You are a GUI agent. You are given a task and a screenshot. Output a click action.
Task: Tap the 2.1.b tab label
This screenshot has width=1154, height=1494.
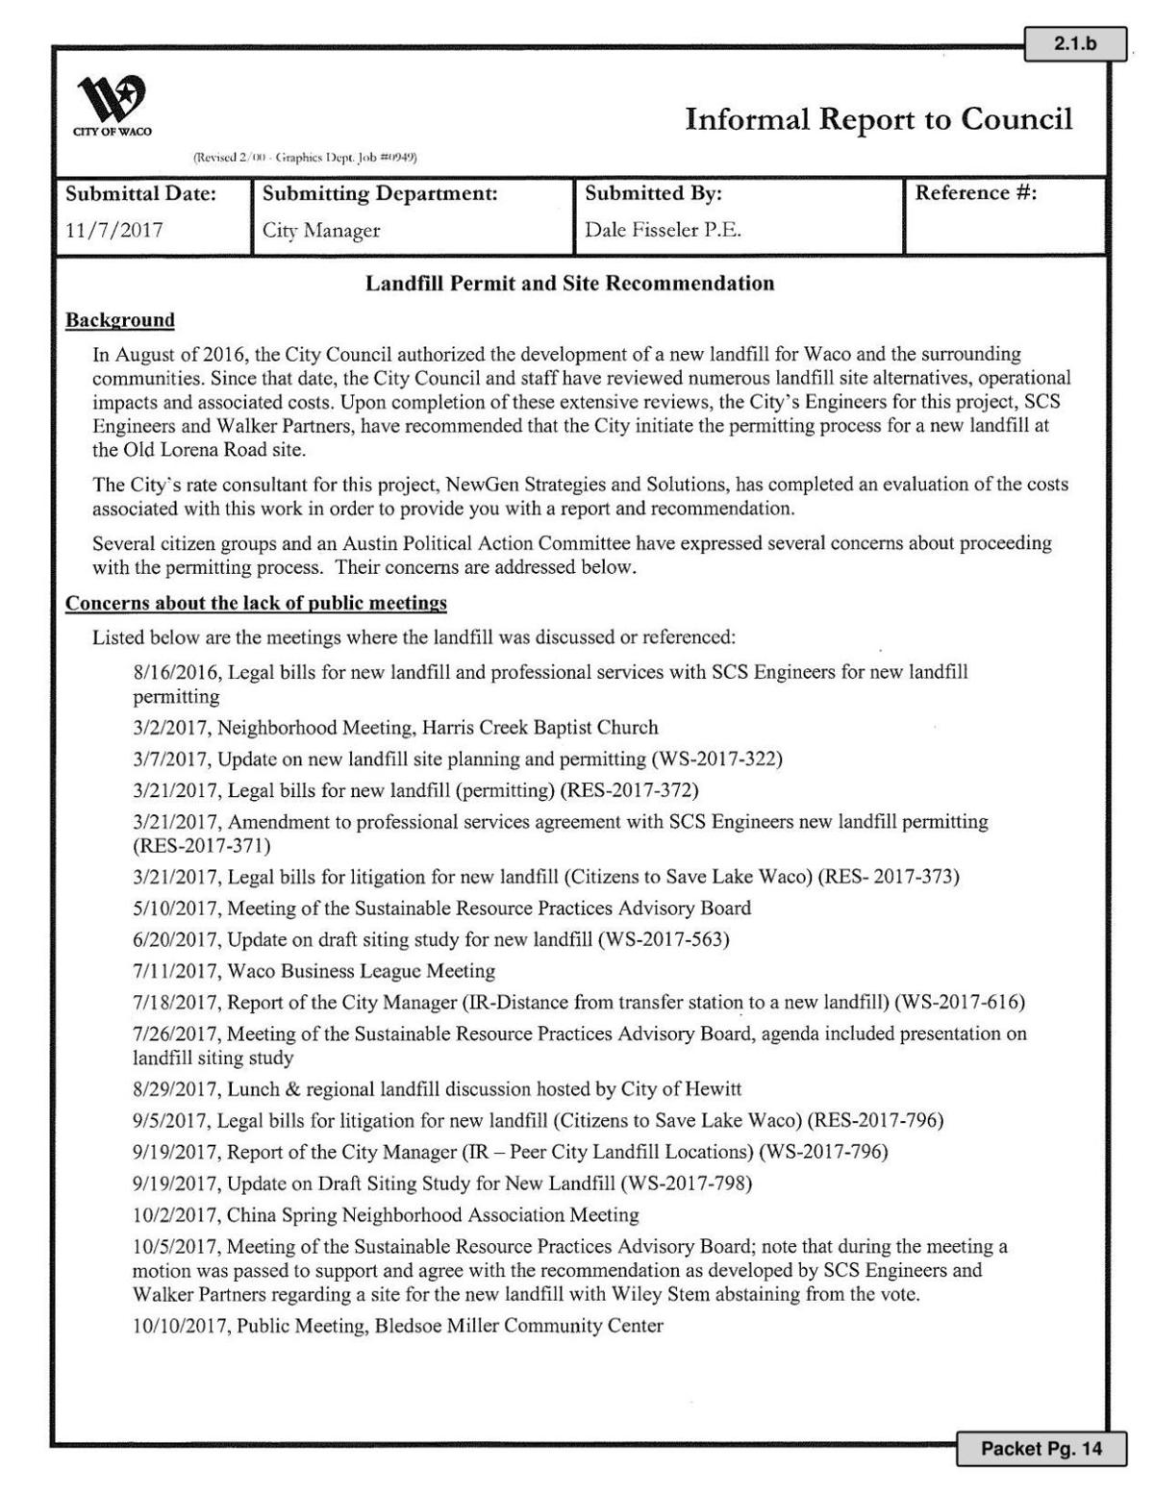tap(1074, 44)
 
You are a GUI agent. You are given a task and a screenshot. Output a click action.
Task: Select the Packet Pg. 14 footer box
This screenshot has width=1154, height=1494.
tap(1041, 1448)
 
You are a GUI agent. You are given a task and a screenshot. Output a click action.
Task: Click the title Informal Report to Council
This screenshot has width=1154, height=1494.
tap(878, 119)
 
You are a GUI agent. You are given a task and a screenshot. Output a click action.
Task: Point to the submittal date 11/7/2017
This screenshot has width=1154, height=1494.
tap(113, 231)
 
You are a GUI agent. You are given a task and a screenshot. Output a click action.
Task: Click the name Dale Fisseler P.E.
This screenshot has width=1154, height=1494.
tap(663, 231)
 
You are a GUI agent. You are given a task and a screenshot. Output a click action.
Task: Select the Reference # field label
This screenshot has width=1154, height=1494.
tap(975, 193)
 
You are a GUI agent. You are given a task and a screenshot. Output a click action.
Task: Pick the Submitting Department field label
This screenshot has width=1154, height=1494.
tap(379, 194)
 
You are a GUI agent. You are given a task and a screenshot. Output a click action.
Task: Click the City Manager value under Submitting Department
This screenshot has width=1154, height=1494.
tap(321, 231)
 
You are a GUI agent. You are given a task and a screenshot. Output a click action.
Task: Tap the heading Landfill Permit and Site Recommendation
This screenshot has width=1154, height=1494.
tap(569, 284)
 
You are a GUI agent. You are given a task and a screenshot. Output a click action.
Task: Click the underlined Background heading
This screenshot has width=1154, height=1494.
tap(120, 320)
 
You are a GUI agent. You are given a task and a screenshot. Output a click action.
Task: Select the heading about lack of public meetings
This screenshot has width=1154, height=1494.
tap(256, 604)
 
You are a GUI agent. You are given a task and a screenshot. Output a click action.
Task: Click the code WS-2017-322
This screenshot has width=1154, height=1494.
tap(716, 759)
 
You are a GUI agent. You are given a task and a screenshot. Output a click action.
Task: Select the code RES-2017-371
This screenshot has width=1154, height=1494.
tap(202, 846)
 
